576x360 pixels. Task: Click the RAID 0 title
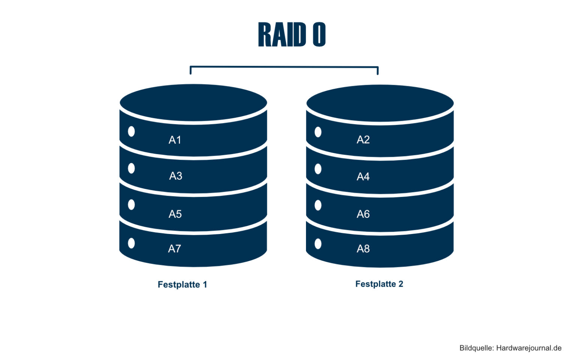pos(292,34)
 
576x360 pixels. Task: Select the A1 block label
pos(175,140)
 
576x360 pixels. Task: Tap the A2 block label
pos(363,139)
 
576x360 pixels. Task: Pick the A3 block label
pos(175,176)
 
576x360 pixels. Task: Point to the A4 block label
pos(363,177)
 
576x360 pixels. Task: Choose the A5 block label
pos(175,214)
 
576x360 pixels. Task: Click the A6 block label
pos(363,214)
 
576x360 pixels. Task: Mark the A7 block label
pos(174,249)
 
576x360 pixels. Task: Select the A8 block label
pos(363,249)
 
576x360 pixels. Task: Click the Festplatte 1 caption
pos(182,285)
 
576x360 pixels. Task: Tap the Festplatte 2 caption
pos(379,284)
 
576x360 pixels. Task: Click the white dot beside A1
pos(131,131)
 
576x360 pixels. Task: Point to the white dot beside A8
pos(318,244)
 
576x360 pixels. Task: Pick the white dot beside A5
pos(131,205)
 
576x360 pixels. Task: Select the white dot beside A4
pos(318,169)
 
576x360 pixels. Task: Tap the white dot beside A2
pos(318,132)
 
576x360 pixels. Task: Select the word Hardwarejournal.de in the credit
pos(529,348)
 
